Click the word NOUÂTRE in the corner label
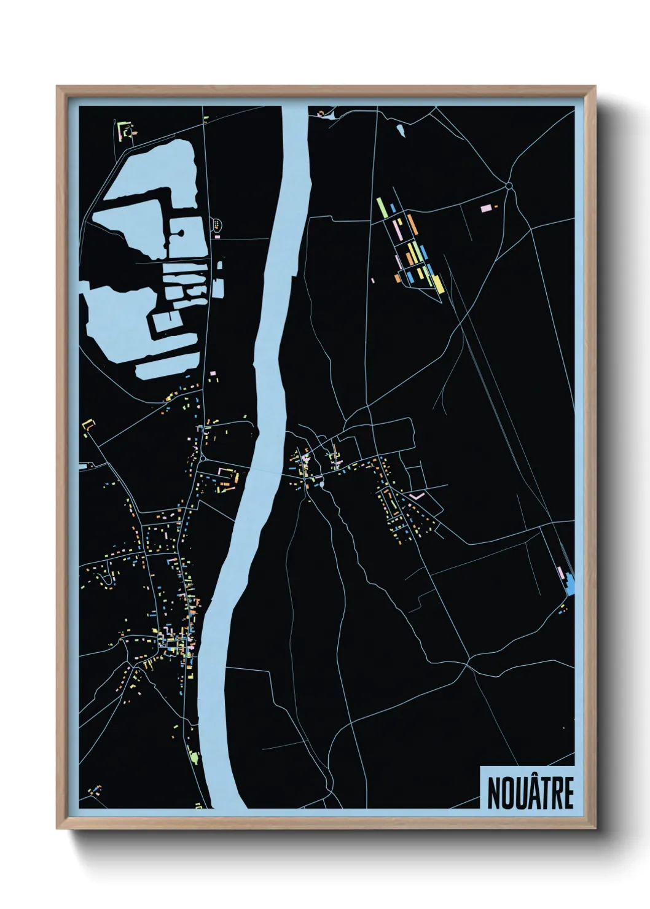tap(530, 793)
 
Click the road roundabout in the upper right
tap(509, 186)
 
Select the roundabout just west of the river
tap(203, 458)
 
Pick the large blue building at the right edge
tap(571, 582)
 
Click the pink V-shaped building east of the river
tap(417, 494)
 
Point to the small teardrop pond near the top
tap(401, 130)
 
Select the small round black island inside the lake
tap(180, 233)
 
